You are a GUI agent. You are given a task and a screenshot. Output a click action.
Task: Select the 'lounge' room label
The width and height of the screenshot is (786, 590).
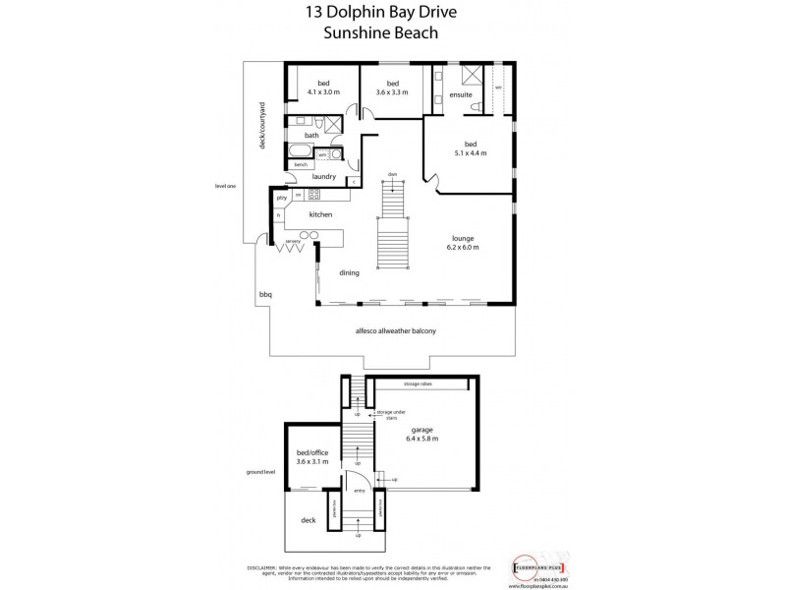464,238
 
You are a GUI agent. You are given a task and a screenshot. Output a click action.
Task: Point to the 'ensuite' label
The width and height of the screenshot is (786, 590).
462,94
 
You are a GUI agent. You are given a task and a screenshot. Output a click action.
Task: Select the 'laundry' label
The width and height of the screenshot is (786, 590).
324,177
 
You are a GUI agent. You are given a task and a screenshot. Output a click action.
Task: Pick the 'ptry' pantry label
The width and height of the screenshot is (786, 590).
281,198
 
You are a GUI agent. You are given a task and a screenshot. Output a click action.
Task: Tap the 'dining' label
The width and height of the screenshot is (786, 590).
349,273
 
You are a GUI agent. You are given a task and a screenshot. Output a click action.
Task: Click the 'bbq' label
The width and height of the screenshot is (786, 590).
264,294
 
